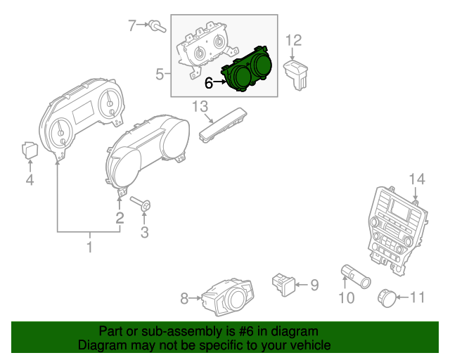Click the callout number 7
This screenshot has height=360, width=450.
tap(131, 26)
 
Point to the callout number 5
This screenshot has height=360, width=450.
tap(160, 73)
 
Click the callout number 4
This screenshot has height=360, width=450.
tap(29, 181)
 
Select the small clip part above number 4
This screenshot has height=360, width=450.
tap(30, 150)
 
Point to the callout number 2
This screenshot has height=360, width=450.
tap(120, 218)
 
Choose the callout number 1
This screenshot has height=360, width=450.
tap(89, 247)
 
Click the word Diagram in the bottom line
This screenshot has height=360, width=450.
tap(103, 345)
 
